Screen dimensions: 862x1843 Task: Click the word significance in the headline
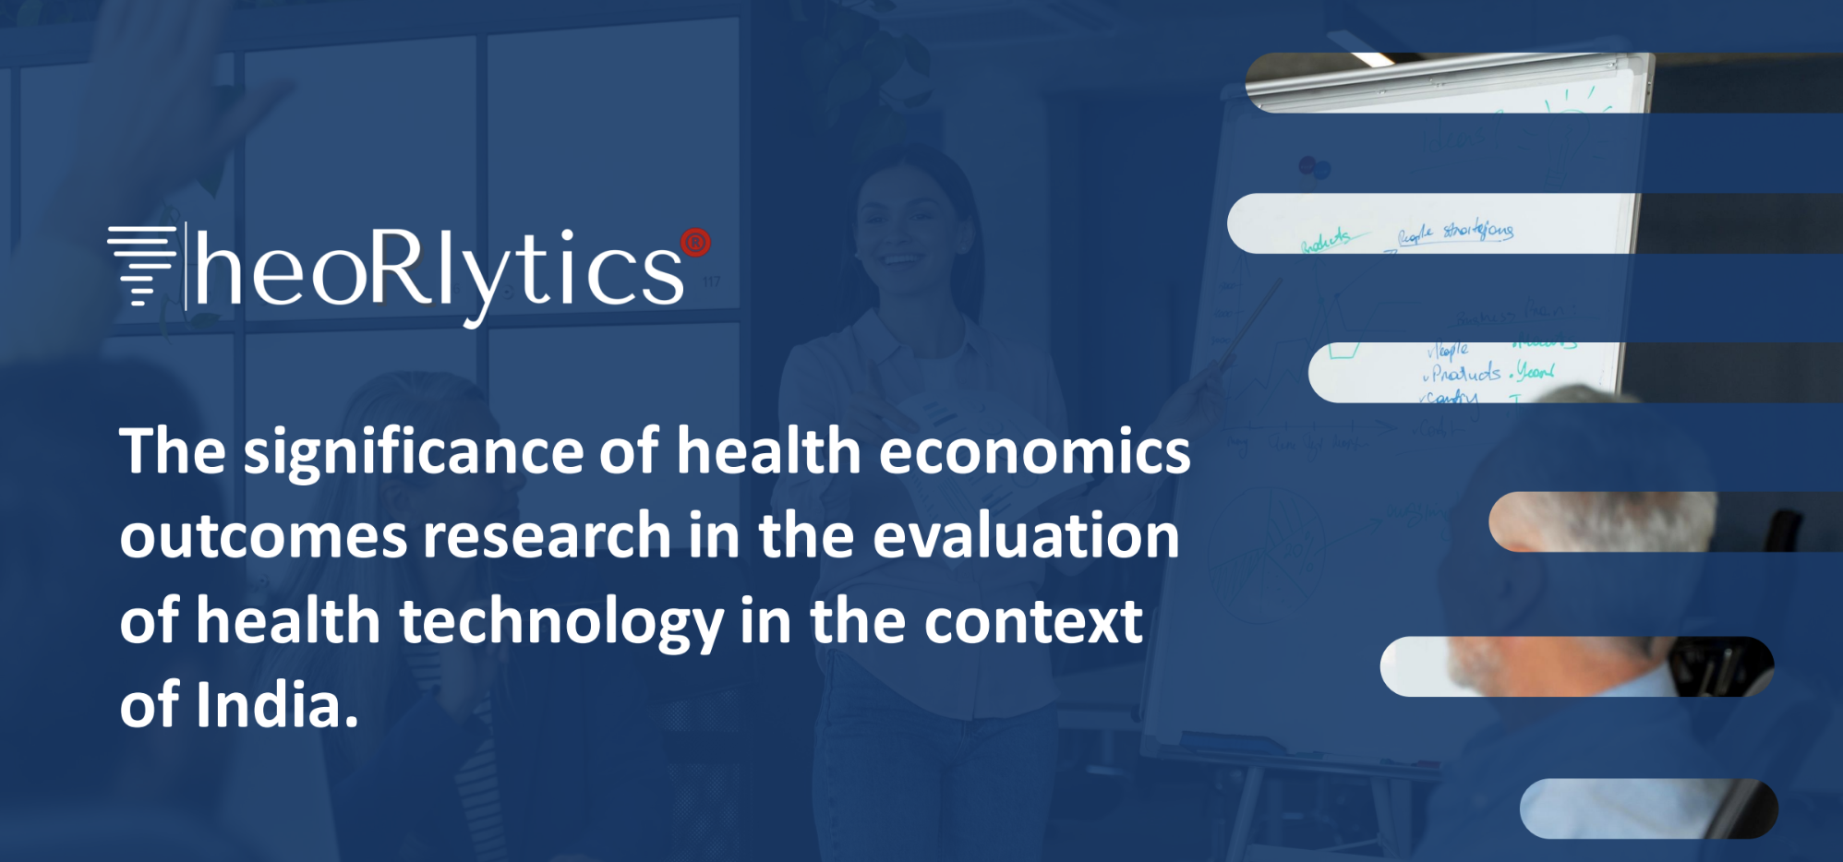coord(413,453)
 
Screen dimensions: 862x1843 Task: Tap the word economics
coord(1034,451)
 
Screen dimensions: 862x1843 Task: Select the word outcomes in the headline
coord(263,537)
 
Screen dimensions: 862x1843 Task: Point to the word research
coord(547,537)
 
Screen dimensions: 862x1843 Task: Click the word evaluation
coord(1026,537)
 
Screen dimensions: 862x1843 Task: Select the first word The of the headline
coord(173,451)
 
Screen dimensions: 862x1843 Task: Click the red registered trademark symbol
coord(695,243)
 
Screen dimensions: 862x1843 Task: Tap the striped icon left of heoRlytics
coord(141,265)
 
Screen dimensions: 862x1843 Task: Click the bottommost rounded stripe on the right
coord(1648,808)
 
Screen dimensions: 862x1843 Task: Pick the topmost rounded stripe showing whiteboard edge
coord(1450,83)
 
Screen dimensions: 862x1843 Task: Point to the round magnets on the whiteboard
coord(1314,168)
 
